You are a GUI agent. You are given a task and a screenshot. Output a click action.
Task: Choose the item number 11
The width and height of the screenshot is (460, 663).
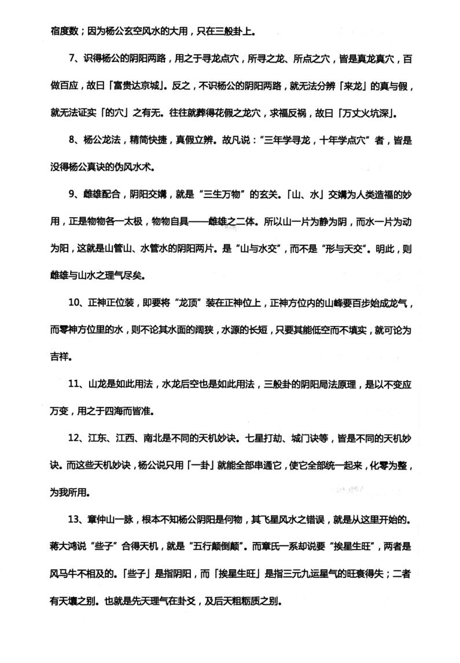(73, 383)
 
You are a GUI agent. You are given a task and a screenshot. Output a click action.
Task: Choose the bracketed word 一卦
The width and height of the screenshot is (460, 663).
(200, 464)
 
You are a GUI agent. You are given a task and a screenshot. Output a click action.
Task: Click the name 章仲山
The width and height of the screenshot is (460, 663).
(102, 518)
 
